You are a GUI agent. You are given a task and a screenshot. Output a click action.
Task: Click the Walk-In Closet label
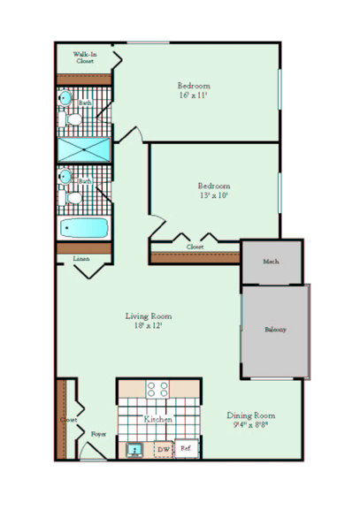point(85,57)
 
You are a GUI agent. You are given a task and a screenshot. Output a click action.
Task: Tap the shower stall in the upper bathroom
point(85,148)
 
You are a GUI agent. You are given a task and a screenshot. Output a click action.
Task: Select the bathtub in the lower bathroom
point(84,229)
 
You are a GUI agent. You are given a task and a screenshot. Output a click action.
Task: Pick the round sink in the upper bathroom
point(65,99)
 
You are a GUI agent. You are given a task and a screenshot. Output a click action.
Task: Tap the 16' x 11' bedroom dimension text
point(195,95)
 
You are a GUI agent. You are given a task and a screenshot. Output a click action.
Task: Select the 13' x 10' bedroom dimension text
point(214,196)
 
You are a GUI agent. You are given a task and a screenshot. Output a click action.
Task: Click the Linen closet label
point(81,259)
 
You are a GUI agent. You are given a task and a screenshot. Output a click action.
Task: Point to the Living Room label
point(148,316)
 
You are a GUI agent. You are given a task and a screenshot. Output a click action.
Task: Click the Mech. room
point(272,262)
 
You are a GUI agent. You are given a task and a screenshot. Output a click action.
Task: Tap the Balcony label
point(275,330)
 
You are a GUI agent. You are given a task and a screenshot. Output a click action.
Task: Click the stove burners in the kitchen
point(157,390)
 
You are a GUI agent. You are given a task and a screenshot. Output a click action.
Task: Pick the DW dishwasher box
point(163,450)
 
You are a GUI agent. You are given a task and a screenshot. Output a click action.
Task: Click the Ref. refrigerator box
point(187,449)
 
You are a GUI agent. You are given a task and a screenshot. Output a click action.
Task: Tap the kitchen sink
point(135,451)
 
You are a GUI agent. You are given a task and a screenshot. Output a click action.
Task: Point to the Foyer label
point(99,434)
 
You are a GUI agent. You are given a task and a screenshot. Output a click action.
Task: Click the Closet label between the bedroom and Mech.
point(195,247)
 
